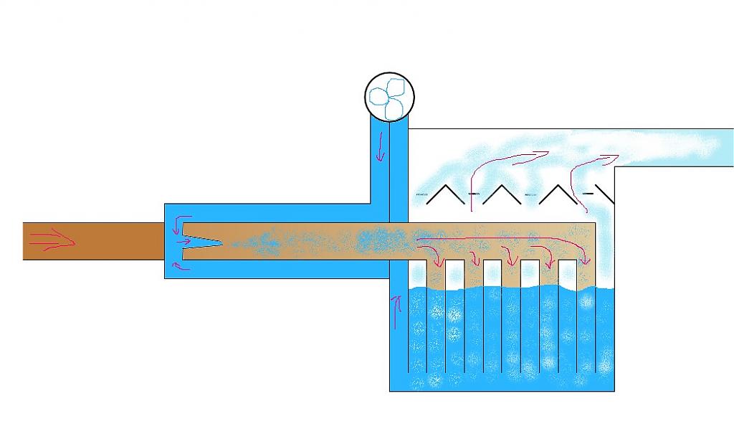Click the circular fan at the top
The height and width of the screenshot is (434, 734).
click(390, 97)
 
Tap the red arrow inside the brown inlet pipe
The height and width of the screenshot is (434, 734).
click(50, 242)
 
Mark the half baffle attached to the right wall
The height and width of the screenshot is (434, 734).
click(605, 194)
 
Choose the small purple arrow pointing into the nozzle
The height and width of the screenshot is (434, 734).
click(183, 241)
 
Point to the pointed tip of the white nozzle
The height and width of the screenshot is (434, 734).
click(221, 242)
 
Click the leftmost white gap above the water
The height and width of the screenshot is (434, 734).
click(436, 273)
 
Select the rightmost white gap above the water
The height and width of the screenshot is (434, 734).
click(586, 273)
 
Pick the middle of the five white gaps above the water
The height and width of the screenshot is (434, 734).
click(510, 273)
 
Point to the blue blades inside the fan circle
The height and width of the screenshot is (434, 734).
click(390, 98)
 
